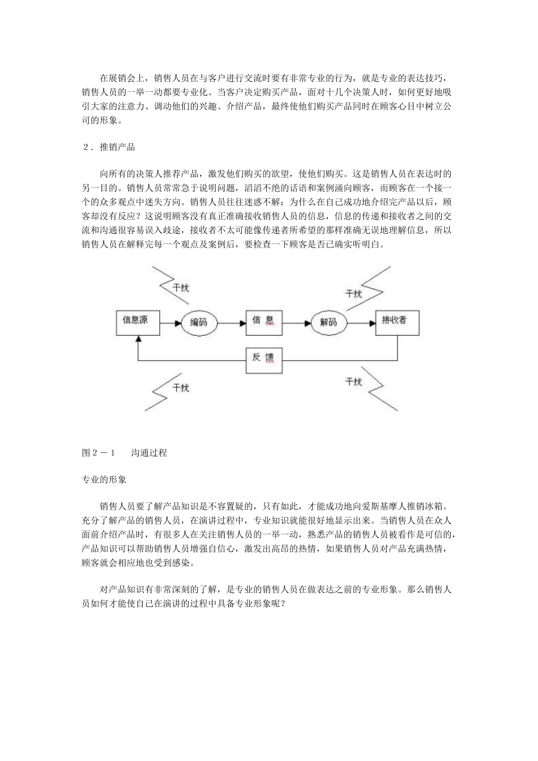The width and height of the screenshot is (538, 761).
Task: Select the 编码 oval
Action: tap(198, 323)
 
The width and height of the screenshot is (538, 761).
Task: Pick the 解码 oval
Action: tap(328, 323)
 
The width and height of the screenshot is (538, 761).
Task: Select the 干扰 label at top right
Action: tap(353, 293)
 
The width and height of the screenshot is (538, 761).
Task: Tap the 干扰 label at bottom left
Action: tap(181, 388)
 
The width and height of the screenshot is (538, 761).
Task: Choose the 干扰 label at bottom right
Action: tap(353, 382)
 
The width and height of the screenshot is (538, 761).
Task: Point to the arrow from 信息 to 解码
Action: tap(297, 323)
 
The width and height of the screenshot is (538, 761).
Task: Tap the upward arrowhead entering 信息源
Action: tap(136, 341)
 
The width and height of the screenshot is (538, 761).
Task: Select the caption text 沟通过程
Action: tap(149, 453)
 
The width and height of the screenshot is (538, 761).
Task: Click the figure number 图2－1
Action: tap(99, 453)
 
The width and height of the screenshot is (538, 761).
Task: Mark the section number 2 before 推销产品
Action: tap(86, 148)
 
